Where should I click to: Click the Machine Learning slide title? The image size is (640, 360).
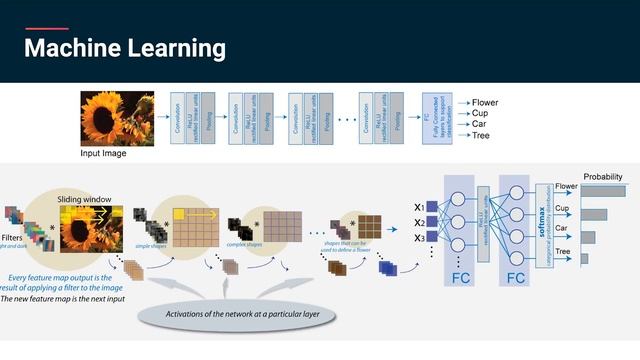124,48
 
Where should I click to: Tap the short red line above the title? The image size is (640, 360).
46,29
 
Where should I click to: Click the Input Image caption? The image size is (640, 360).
104,155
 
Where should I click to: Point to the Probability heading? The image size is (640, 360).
603,177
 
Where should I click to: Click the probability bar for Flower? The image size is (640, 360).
602,191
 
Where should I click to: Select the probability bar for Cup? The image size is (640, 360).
594,214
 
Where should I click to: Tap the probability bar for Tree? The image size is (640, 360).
585,258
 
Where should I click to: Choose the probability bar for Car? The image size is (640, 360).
588,236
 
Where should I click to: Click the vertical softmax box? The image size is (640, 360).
544,224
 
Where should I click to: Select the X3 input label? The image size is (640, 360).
420,238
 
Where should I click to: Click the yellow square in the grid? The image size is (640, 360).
180,214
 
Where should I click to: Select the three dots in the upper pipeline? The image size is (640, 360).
346,119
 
